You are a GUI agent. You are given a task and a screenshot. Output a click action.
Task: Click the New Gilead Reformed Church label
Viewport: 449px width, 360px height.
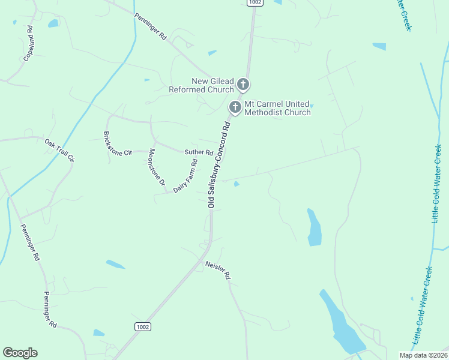click(212, 85)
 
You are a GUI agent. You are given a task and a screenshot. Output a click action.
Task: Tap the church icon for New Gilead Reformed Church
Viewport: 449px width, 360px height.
click(243, 84)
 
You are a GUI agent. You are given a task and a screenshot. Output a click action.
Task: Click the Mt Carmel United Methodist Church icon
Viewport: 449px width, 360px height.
click(235, 108)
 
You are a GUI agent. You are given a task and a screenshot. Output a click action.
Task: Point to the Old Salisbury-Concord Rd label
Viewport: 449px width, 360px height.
click(218, 165)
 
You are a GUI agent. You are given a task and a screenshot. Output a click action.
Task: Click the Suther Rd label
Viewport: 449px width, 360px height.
click(199, 152)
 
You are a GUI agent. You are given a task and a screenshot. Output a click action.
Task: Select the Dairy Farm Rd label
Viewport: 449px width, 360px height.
click(185, 176)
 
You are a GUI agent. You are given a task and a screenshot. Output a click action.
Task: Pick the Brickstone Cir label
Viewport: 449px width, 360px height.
click(117, 144)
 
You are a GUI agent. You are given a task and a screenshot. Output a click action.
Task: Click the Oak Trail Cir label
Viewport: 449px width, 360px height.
click(59, 150)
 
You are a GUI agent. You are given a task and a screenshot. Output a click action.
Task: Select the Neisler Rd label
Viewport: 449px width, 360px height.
click(217, 271)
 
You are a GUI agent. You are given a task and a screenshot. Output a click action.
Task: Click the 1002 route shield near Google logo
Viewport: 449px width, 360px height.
click(142, 326)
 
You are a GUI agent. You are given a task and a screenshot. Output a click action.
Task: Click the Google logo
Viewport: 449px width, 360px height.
click(20, 353)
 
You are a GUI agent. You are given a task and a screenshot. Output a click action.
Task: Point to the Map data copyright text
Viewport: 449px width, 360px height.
click(423, 355)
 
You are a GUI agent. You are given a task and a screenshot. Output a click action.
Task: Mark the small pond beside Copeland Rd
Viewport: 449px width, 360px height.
click(53, 23)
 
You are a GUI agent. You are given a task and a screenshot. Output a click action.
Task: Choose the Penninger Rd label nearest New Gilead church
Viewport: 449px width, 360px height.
click(150, 26)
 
